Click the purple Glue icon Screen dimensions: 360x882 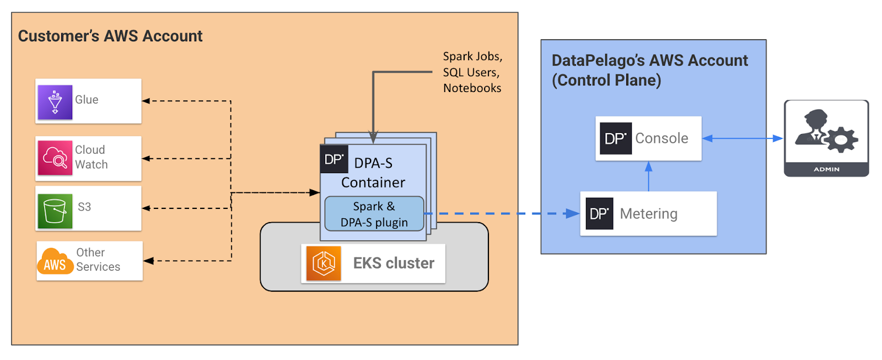coord(55,102)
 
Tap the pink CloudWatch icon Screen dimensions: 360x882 coord(55,158)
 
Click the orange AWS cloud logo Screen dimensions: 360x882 coord(55,261)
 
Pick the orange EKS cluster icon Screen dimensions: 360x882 coord(324,264)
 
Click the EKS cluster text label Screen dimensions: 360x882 coord(394,264)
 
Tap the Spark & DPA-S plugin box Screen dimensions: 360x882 coord(374,214)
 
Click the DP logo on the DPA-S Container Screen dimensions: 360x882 coord(334,159)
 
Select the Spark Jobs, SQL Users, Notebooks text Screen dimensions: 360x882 coord(472,72)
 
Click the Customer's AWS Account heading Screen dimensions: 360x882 coord(110,36)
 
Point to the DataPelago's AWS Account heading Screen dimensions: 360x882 coord(649,70)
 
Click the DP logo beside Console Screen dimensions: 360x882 coord(615,138)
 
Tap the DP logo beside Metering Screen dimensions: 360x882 coord(599,213)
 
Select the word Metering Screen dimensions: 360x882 coord(648,214)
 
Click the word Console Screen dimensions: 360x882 coord(661,138)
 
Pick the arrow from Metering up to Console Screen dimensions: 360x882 coord(648,176)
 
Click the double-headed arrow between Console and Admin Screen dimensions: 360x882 coord(742,138)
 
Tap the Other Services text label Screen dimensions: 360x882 coord(98,260)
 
